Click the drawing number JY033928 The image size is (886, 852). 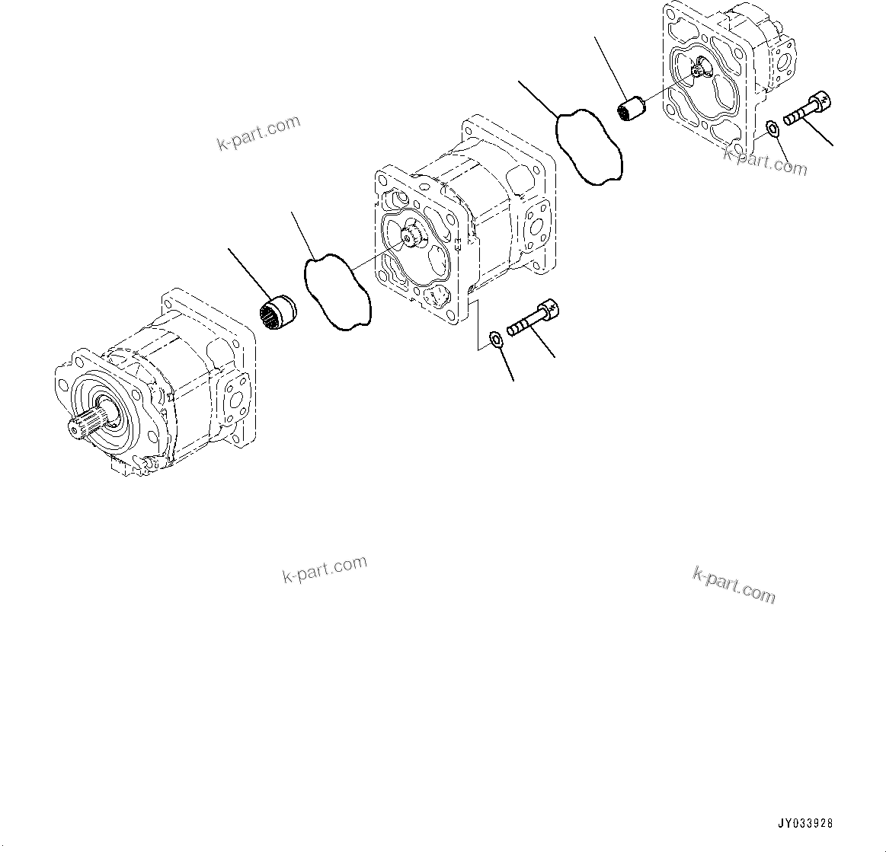[805, 824]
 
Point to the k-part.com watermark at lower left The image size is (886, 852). [325, 567]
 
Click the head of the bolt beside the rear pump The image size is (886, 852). [821, 101]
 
